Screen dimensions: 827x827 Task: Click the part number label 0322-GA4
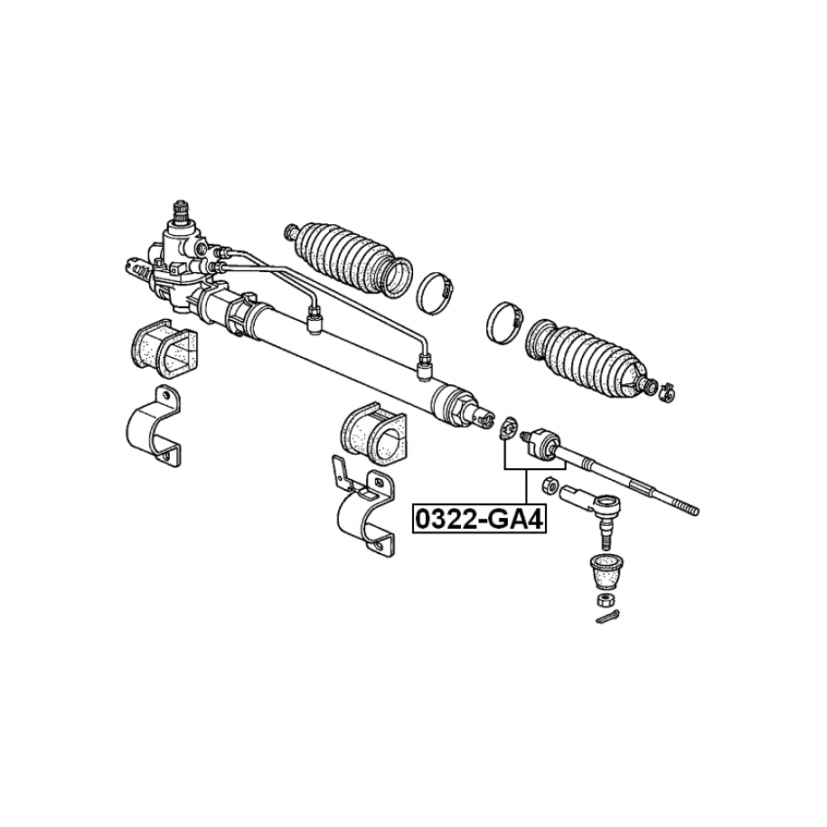pos(479,519)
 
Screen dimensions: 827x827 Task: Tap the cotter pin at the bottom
pos(608,616)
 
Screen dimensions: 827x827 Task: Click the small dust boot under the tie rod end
pos(605,570)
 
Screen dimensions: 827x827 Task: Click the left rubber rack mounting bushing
pos(164,349)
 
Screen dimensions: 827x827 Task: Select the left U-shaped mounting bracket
pos(154,427)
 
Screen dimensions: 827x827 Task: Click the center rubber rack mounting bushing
pos(374,430)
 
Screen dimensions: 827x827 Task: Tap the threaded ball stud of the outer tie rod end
pos(606,536)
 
